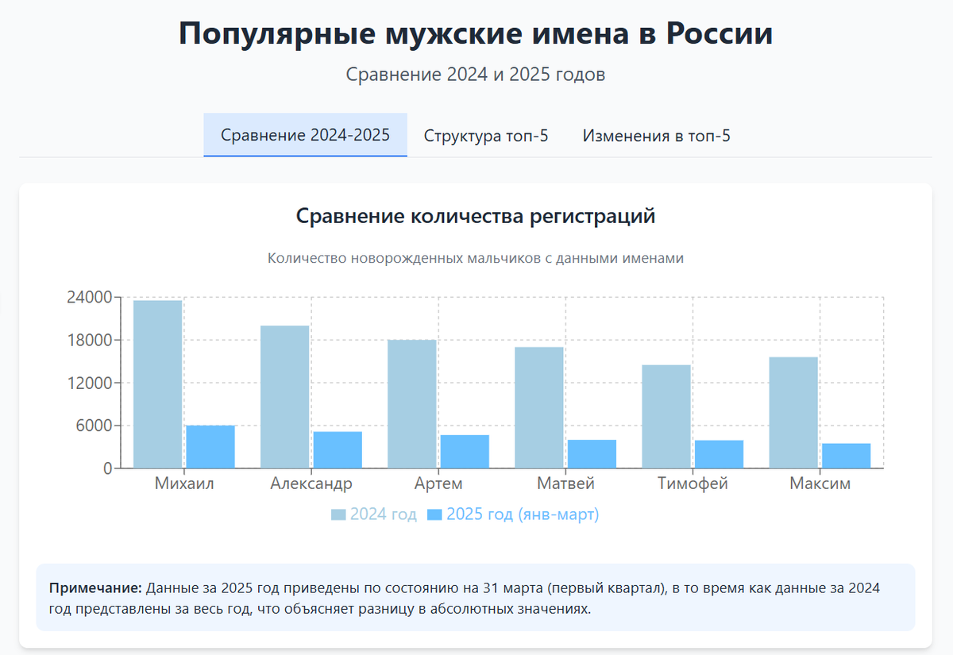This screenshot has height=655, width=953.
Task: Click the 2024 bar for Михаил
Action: click(157, 384)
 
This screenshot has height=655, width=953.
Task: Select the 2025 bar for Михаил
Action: click(210, 447)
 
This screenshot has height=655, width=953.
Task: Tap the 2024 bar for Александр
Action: click(284, 397)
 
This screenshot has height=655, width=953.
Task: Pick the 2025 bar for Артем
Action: click(465, 452)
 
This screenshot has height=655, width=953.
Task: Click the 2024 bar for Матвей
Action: click(539, 407)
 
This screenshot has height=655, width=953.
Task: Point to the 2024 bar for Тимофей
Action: click(666, 417)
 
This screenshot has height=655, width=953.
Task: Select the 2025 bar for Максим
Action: click(846, 456)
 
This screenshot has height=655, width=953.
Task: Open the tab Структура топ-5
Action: click(486, 136)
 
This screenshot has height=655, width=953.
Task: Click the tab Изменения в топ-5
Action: click(656, 136)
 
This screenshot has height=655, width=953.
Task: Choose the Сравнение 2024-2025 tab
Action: click(305, 135)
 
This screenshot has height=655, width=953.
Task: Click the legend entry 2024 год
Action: click(374, 514)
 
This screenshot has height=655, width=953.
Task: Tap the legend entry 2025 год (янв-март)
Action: click(513, 514)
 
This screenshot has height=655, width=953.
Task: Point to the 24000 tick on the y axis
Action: click(88, 298)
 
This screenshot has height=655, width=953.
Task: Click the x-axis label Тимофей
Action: click(693, 484)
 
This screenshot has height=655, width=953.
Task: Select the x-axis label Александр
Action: click(311, 484)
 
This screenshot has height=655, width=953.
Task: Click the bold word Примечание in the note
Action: click(95, 588)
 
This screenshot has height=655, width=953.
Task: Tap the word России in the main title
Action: click(719, 35)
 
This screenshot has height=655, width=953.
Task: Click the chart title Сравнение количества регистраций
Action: click(476, 216)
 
